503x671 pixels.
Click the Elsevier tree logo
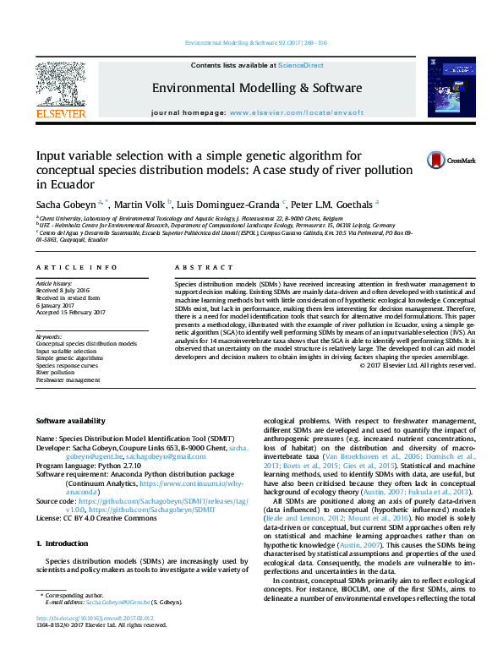pos(60,85)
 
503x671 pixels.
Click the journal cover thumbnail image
pos(445,87)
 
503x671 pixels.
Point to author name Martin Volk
pos(140,204)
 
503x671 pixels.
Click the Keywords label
pos(49,336)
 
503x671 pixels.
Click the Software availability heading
pos(71,420)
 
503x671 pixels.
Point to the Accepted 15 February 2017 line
pos(70,312)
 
